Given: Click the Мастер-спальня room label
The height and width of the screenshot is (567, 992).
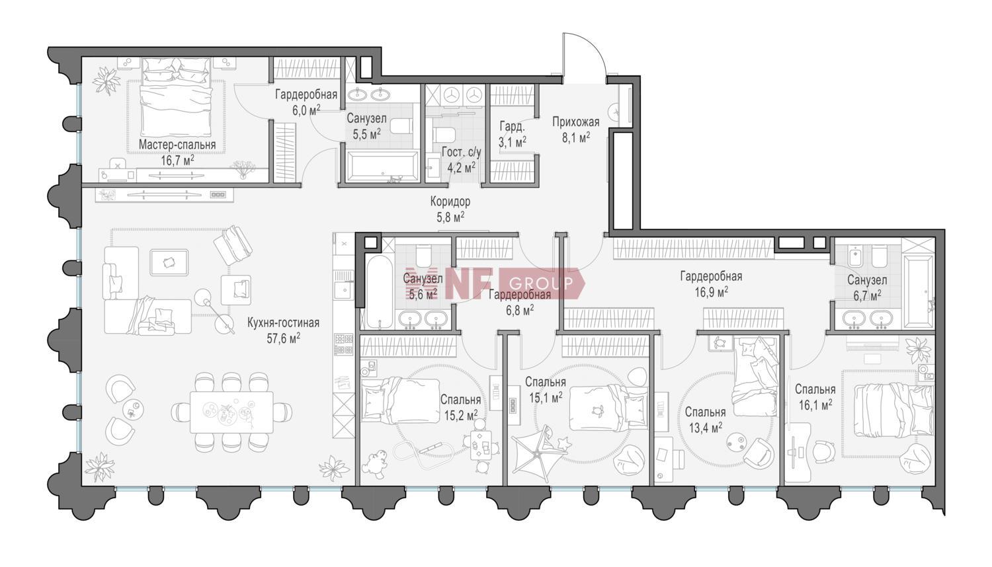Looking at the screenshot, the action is (177, 145).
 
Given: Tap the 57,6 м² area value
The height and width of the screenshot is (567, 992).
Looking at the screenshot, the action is (284, 339).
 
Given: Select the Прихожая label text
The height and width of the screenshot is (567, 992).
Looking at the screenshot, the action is (576, 122).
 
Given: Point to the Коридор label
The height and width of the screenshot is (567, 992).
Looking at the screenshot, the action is (450, 202).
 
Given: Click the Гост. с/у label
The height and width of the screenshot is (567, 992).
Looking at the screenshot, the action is (462, 152).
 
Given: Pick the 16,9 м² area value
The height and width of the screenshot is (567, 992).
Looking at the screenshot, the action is (712, 293).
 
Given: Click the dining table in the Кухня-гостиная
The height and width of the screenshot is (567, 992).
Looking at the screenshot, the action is (231, 412).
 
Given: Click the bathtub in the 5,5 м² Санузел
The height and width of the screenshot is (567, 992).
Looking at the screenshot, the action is (382, 166).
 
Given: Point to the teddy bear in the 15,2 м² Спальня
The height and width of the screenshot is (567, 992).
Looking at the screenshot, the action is (375, 465).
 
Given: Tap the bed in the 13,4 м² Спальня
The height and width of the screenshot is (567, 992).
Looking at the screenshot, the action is (755, 376).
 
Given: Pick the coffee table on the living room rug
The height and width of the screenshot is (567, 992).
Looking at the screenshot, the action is (169, 262).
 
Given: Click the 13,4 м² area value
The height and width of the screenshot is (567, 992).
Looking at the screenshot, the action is (706, 428).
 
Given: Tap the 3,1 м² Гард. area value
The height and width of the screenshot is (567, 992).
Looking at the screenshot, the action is (513, 141).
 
